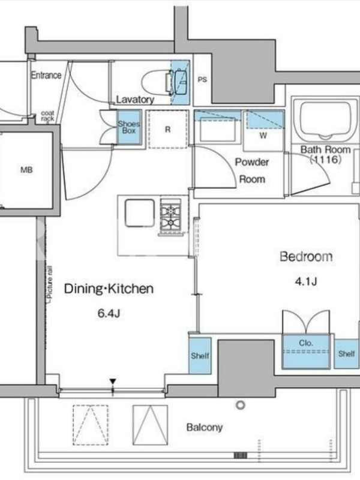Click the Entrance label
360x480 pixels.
pyautogui.click(x=46, y=75)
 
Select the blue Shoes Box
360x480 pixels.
pyautogui.click(x=129, y=127)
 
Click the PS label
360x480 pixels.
pyautogui.click(x=202, y=80)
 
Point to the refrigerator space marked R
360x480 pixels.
pyautogui.click(x=168, y=130)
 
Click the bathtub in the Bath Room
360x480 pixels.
pyautogui.click(x=325, y=120)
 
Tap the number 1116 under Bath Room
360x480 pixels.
pyautogui.click(x=325, y=159)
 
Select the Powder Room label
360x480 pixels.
pyautogui.click(x=252, y=170)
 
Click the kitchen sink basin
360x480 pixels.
pyautogui.click(x=140, y=213)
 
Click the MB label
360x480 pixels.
pyautogui.click(x=26, y=170)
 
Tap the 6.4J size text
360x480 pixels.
pyautogui.click(x=109, y=313)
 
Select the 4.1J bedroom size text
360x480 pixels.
pyautogui.click(x=306, y=281)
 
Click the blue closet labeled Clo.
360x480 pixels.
pyautogui.click(x=306, y=351)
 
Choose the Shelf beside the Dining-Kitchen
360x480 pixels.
pyautogui.click(x=200, y=356)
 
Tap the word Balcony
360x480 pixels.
pyautogui.click(x=205, y=427)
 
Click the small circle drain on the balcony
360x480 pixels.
pyautogui.click(x=241, y=406)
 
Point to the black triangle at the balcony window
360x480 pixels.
pyautogui.click(x=113, y=382)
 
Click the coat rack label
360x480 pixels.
pyautogui.click(x=48, y=116)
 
